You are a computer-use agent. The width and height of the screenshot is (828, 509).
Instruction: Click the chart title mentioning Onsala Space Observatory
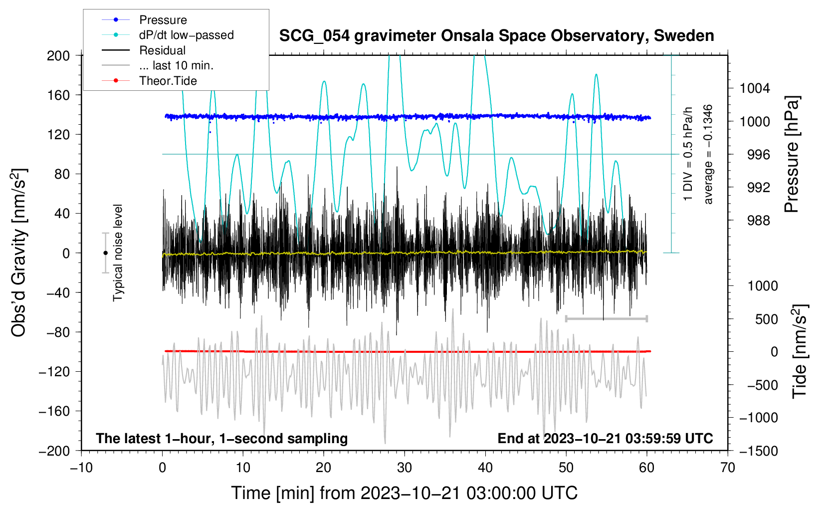[x=496, y=36]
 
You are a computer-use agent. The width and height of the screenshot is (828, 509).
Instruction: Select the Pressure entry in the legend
[x=163, y=19]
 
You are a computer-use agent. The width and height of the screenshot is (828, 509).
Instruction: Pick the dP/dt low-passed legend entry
[x=187, y=35]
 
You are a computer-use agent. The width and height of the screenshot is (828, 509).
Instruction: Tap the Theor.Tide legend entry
[x=168, y=81]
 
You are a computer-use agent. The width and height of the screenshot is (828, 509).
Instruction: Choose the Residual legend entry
[x=162, y=50]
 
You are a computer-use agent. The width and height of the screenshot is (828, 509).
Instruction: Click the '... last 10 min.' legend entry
[x=176, y=65]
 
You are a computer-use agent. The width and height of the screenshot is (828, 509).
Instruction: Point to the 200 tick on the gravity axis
[x=58, y=56]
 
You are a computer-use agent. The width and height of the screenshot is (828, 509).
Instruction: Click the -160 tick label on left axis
[x=54, y=411]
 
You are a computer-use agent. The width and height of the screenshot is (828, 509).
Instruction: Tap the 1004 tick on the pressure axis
[x=755, y=88]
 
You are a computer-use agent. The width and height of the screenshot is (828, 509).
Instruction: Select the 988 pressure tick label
[x=759, y=221]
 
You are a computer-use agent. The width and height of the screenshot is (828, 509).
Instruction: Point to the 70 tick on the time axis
[x=727, y=468]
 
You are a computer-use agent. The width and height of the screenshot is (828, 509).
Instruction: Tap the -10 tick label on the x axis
[x=81, y=468]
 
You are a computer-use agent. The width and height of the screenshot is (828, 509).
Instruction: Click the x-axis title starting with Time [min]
[x=405, y=494]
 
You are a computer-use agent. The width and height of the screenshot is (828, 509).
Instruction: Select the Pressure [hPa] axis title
[x=792, y=154]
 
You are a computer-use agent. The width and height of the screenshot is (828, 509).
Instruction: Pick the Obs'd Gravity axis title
[x=18, y=253]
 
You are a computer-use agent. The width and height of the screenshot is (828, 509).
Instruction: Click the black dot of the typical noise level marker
[x=106, y=253]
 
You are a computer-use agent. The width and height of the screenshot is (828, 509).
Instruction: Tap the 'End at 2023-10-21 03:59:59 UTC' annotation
[x=606, y=438]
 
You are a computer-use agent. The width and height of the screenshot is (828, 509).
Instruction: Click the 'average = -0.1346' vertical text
[x=708, y=154]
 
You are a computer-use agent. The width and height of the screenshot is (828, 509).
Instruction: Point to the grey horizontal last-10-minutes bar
[x=607, y=318]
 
